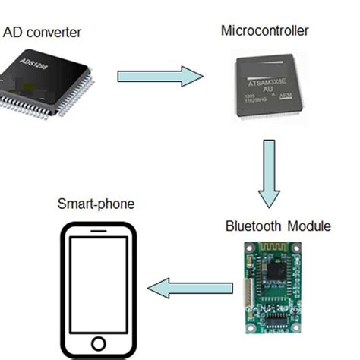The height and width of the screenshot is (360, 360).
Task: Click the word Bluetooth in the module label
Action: pyautogui.click(x=251, y=226)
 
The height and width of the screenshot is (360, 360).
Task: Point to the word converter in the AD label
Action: pyautogui.click(x=52, y=32)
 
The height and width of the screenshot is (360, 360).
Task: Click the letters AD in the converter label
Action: pyautogui.click(x=12, y=32)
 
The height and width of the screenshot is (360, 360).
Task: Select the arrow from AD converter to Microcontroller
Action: pyautogui.click(x=160, y=76)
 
